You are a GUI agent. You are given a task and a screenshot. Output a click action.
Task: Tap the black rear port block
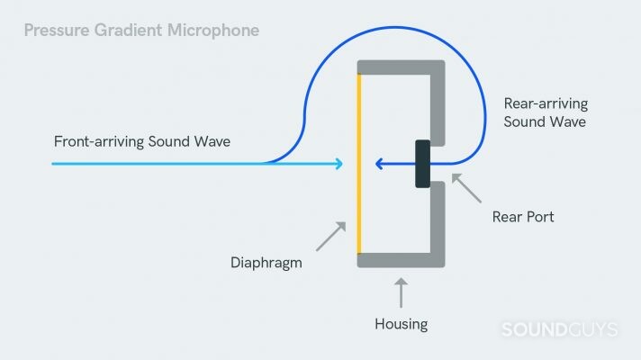(422, 164)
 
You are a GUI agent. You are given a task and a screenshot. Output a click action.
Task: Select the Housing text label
(401, 322)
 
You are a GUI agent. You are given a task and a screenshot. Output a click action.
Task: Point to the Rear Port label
(522, 216)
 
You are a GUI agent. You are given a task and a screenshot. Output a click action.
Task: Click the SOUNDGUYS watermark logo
(558, 329)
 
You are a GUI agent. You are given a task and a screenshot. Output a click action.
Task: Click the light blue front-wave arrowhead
(339, 164)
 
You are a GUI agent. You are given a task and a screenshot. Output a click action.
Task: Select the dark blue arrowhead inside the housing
(381, 164)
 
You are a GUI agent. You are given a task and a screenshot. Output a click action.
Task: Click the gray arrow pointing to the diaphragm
(330, 236)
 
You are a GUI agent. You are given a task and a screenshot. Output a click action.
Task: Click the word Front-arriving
(95, 142)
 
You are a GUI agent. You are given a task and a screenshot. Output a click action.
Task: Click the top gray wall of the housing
(401, 67)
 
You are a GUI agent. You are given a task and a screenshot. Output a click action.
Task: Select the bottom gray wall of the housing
(401, 260)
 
